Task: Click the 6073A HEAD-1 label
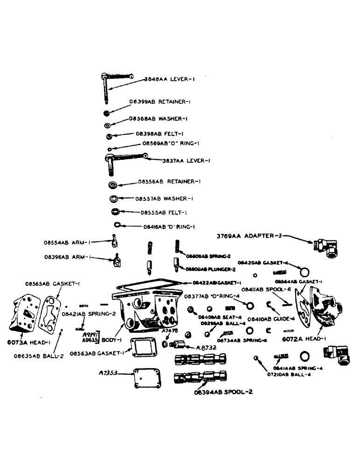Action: click(27, 343)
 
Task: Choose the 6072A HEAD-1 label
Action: click(298, 339)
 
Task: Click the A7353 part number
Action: click(109, 373)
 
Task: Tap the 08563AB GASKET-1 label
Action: click(97, 353)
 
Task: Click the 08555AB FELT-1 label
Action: click(165, 212)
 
